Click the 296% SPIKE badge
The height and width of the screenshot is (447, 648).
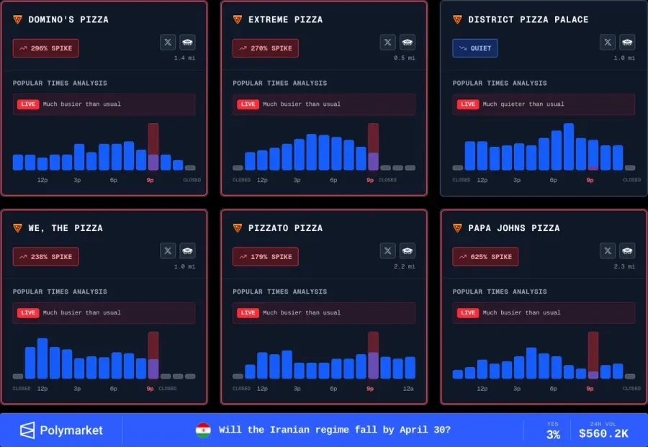45,48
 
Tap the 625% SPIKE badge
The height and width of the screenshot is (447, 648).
485,257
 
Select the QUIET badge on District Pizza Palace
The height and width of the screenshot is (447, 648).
475,48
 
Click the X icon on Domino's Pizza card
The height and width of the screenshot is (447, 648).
168,42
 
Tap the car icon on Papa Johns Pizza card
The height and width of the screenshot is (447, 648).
627,250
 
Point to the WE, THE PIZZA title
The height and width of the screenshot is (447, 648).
66,228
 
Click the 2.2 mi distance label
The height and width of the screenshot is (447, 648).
405,266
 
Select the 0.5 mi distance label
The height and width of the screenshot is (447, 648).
405,58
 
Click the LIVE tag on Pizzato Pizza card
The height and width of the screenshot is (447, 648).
248,313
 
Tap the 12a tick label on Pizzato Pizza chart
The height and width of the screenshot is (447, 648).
408,389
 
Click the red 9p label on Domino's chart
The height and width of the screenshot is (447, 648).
150,180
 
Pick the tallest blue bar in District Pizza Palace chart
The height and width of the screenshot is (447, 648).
569,146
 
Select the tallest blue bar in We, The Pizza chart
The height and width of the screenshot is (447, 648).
42,358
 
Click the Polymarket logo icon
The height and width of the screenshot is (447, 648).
27,430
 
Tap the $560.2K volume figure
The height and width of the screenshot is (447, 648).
603,434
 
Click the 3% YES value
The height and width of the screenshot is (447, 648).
553,435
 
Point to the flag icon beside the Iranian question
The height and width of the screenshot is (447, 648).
203,430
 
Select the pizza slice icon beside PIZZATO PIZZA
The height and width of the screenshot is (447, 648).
238,228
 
